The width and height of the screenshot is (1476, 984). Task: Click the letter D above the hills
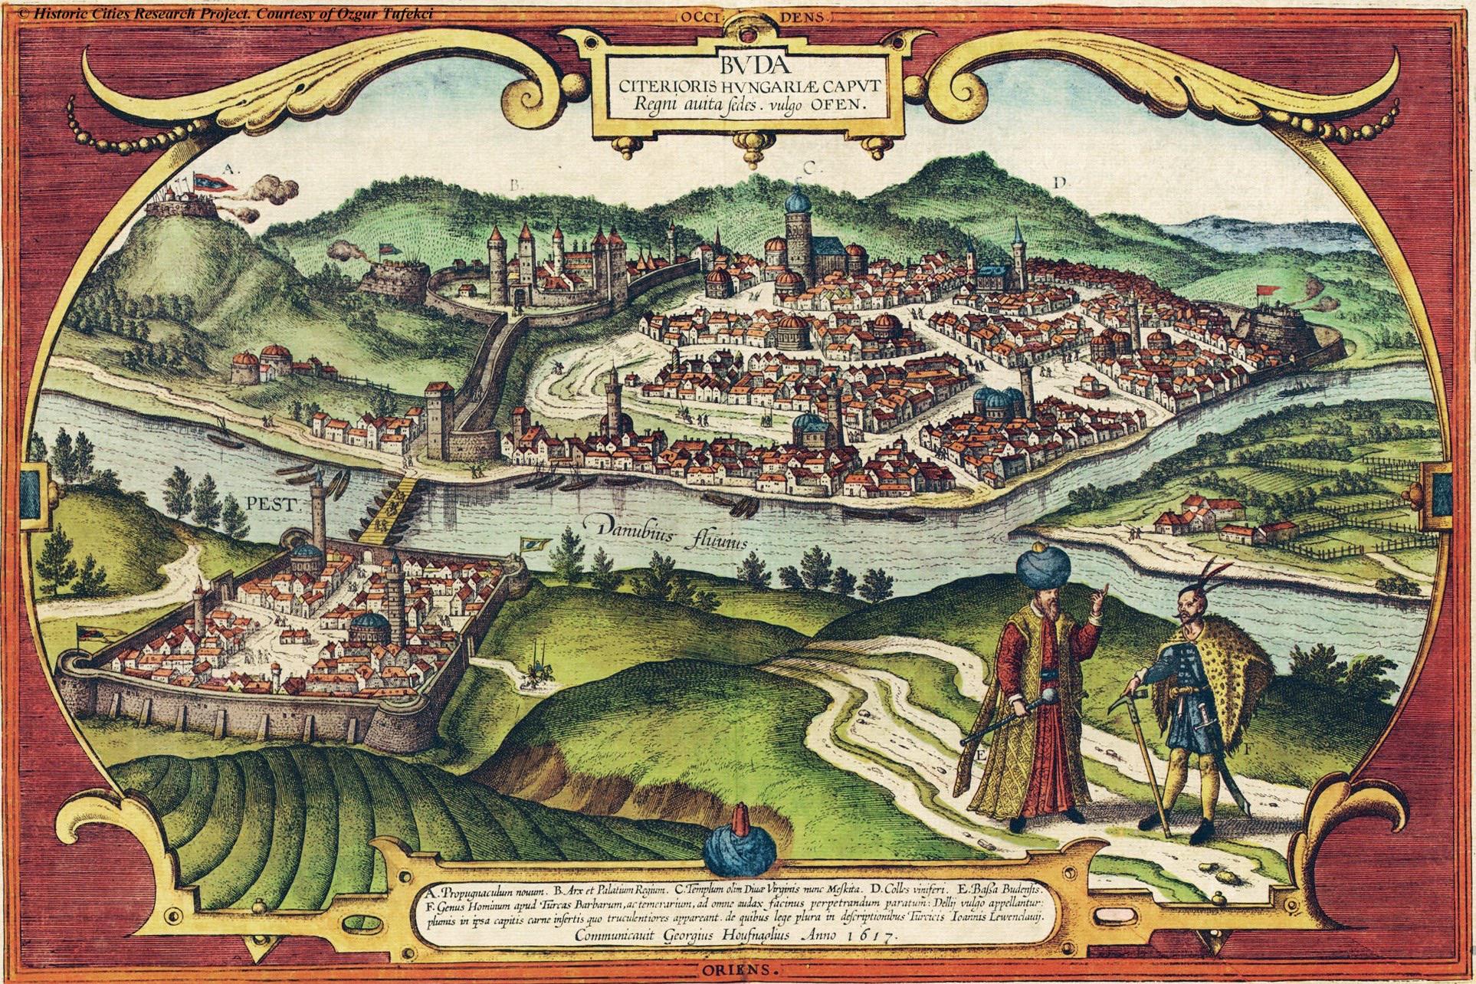[x=1060, y=182]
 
